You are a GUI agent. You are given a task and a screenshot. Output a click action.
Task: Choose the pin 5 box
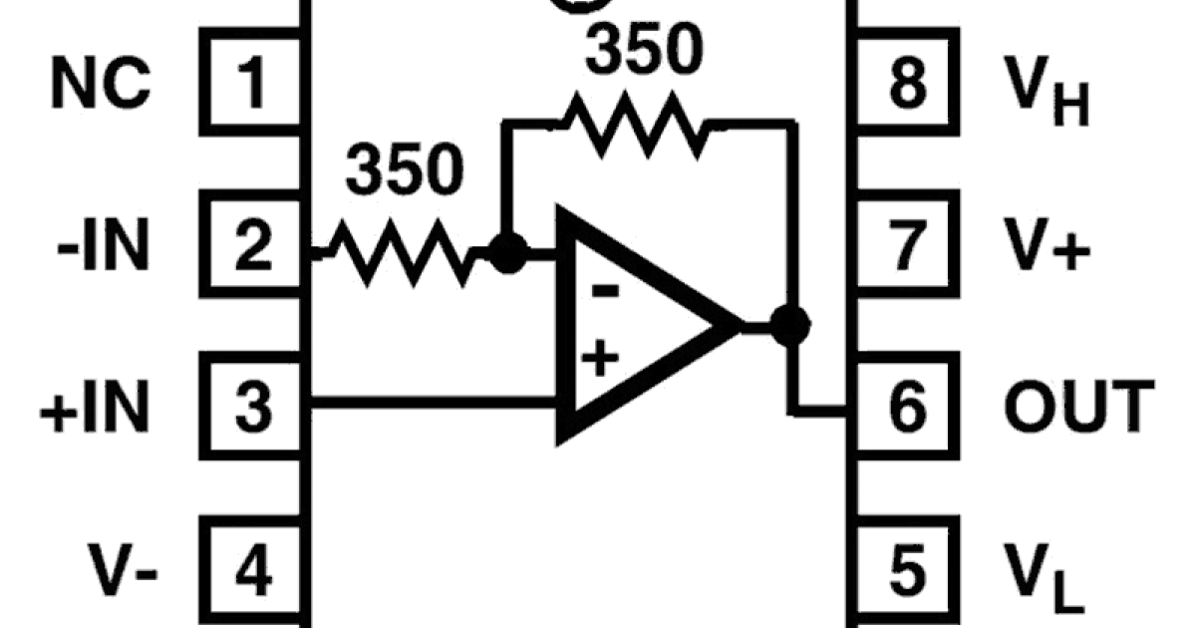(x=905, y=570)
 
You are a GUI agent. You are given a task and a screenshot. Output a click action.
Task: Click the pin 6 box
(x=905, y=406)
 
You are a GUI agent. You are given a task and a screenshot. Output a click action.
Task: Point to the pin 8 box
(x=905, y=83)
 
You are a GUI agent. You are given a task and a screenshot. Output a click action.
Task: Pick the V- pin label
(x=125, y=571)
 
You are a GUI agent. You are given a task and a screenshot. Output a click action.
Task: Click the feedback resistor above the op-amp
(x=634, y=124)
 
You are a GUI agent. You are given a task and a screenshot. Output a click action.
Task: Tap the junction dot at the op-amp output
(x=792, y=324)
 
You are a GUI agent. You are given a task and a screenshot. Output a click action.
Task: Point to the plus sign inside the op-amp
(x=598, y=358)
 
